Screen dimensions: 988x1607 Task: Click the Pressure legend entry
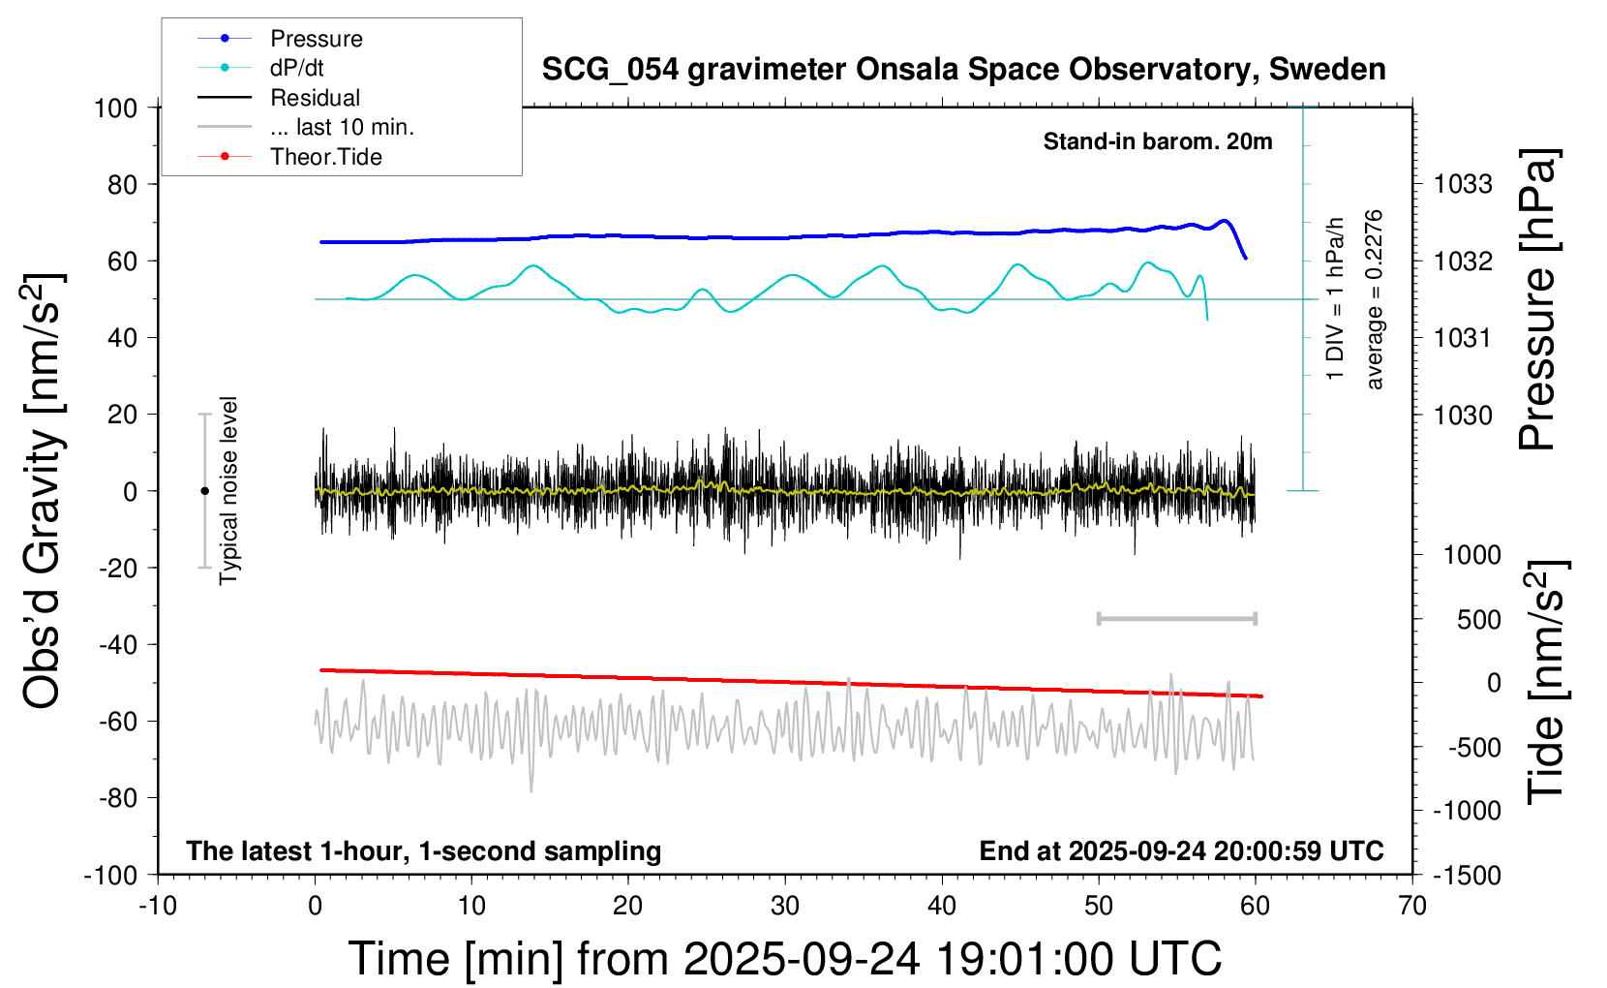tap(316, 39)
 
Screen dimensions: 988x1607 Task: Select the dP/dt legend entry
tap(296, 68)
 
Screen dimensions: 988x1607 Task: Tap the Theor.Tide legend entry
tap(325, 157)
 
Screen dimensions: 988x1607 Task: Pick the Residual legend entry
tap(315, 98)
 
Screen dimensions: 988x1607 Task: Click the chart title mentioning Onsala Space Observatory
tap(963, 70)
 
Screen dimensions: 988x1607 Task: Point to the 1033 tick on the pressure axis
tap(1463, 184)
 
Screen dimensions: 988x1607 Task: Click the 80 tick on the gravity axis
tap(122, 184)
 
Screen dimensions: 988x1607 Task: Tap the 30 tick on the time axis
tap(785, 907)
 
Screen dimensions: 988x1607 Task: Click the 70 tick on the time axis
tap(1412, 907)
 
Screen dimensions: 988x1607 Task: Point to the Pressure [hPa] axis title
tap(1537, 300)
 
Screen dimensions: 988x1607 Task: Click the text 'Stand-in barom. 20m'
tap(1157, 141)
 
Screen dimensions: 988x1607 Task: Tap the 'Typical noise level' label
tap(228, 490)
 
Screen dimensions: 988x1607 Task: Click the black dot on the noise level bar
tap(204, 491)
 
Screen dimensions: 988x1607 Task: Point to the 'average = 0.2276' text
tap(1375, 300)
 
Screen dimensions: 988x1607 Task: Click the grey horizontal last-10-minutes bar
tap(1176, 618)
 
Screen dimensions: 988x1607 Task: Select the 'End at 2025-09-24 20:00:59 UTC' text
tap(1181, 851)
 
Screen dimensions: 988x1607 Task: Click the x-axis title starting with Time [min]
tap(784, 959)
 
